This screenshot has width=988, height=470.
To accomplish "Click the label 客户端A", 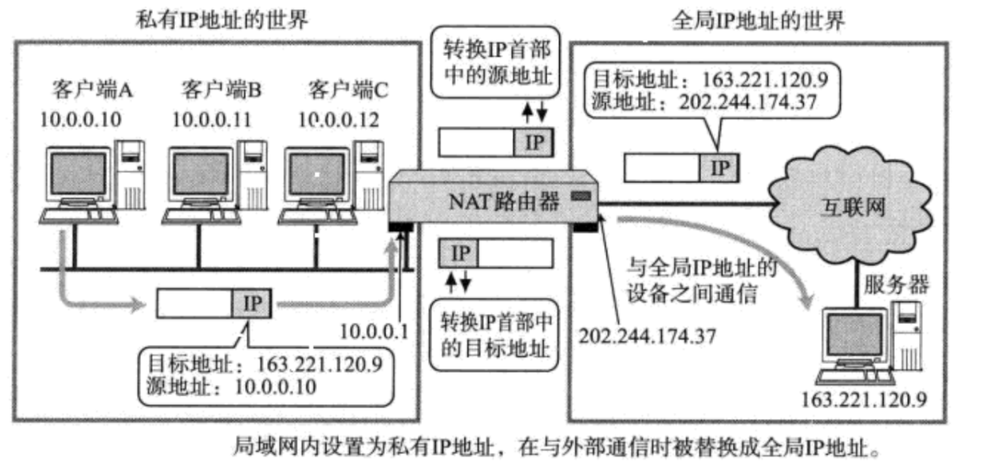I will click(x=92, y=89).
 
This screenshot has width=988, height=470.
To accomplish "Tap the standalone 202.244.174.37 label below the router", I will click(x=647, y=335).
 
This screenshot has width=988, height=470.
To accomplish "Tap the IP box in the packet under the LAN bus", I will click(x=252, y=303).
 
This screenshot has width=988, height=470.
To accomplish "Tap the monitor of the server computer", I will click(x=852, y=338).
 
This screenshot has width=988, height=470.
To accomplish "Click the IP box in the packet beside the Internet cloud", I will click(x=720, y=168).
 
